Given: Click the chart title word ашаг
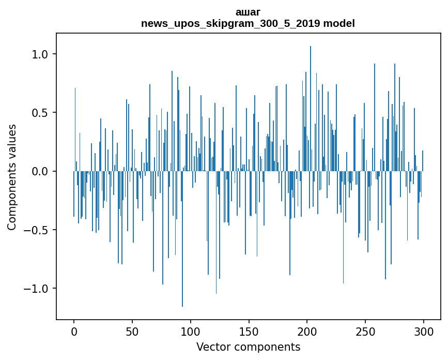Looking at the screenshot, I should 248,12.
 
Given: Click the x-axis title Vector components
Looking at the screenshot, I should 248,347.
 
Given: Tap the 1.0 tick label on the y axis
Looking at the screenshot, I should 39,54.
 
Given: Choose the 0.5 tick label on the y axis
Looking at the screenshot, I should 39,113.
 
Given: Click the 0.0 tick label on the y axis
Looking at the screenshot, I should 39,171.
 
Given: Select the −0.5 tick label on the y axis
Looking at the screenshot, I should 35,230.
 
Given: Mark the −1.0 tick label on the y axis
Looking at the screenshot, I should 35,288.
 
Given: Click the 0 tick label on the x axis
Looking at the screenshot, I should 74,331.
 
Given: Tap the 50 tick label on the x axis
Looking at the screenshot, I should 132,331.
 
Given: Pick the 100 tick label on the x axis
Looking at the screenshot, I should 191,331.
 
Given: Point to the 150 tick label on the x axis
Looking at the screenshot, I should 249,331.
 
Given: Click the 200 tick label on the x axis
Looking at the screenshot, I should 307,331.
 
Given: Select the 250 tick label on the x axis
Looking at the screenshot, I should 365,331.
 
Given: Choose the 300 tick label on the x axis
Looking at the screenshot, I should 424,331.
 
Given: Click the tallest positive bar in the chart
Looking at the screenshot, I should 311,103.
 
